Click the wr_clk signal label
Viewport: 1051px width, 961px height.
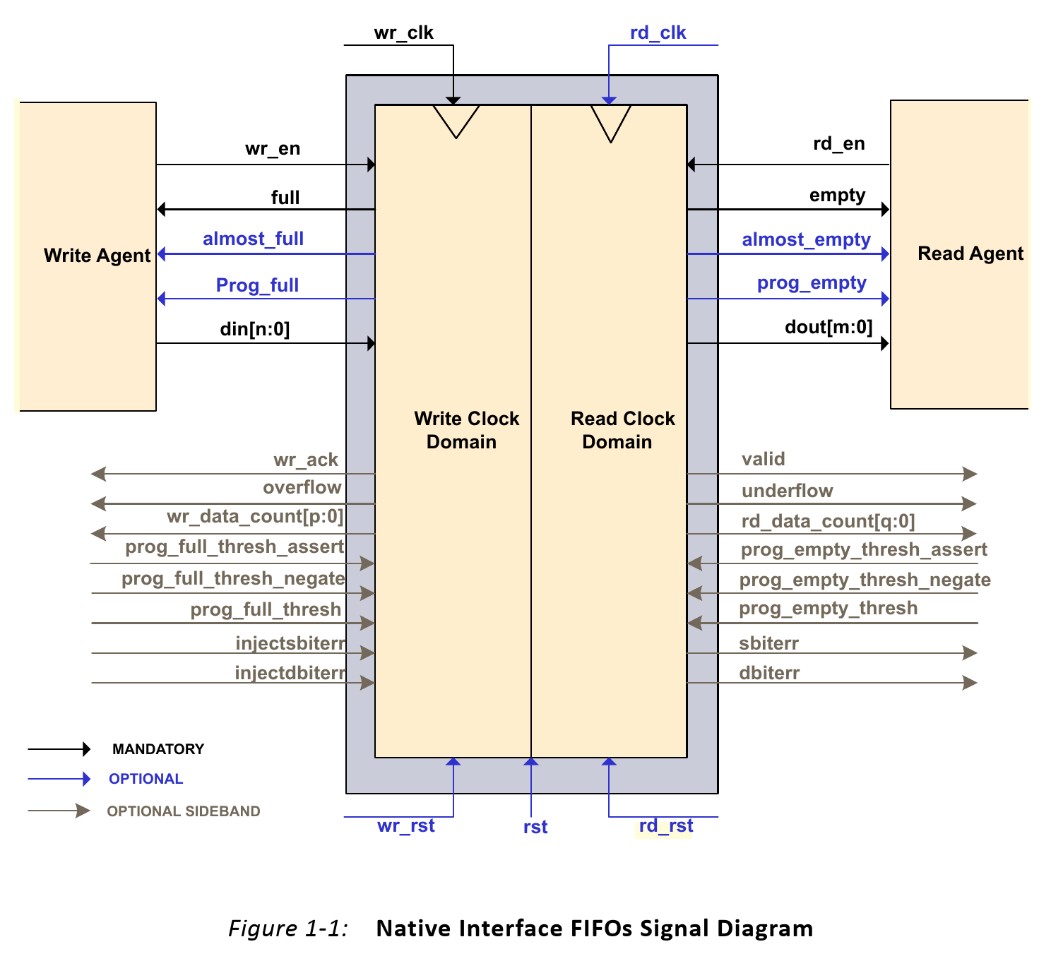pyautogui.click(x=404, y=33)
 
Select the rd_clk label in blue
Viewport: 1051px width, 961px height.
pyautogui.click(x=658, y=33)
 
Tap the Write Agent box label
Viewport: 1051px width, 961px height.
pyautogui.click(x=97, y=256)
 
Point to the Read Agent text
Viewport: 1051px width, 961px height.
pyautogui.click(x=971, y=253)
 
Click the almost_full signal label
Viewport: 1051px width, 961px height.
pyautogui.click(x=253, y=239)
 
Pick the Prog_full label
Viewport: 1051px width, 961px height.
pyautogui.click(x=257, y=285)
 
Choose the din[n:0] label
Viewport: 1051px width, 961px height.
pyautogui.click(x=255, y=330)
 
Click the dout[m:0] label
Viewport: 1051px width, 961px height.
pyautogui.click(x=829, y=328)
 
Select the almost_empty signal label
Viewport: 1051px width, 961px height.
pyautogui.click(x=807, y=240)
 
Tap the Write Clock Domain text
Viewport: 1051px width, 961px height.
pyautogui.click(x=466, y=430)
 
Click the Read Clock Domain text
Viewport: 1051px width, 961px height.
pyautogui.click(x=622, y=430)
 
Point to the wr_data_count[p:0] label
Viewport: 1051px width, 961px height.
pyautogui.click(x=255, y=517)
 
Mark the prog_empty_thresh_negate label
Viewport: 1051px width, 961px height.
pyautogui.click(x=865, y=580)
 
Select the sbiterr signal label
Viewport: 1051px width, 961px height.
pyautogui.click(x=768, y=644)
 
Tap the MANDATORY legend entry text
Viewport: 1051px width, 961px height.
pyautogui.click(x=158, y=749)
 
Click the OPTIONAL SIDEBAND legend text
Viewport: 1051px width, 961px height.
pyautogui.click(x=184, y=812)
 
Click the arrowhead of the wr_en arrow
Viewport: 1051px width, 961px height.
pyautogui.click(x=372, y=165)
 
